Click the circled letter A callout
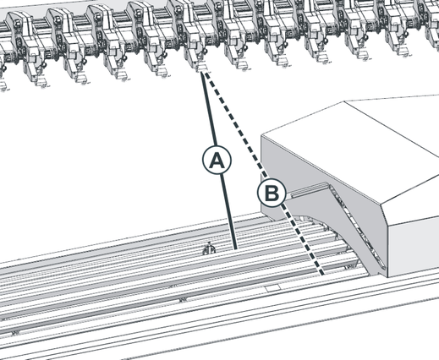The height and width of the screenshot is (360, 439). [x=217, y=160]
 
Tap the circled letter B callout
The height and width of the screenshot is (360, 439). [x=272, y=193]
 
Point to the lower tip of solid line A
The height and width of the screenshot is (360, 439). [x=236, y=249]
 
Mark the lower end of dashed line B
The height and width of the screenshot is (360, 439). [x=322, y=274]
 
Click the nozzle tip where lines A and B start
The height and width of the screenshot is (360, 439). [x=202, y=67]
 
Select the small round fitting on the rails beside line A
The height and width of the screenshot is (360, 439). [x=209, y=249]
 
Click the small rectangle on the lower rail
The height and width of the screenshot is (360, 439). [x=273, y=288]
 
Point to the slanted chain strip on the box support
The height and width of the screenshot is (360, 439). [x=358, y=226]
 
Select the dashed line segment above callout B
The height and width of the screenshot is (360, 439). [x=235, y=125]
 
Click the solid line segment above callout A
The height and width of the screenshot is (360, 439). [x=208, y=108]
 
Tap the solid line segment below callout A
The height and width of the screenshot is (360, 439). [x=229, y=212]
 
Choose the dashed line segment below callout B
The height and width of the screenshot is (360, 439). [x=302, y=240]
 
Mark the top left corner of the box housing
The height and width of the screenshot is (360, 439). [x=261, y=136]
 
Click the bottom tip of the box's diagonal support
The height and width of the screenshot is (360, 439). [x=379, y=275]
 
